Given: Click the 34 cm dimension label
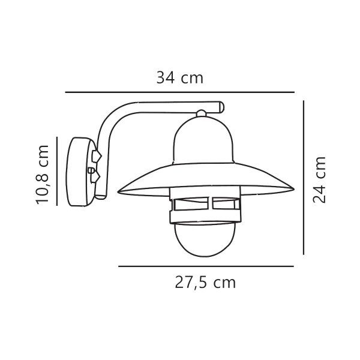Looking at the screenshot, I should coord(179,78).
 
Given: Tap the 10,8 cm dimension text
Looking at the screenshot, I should coord(43,174).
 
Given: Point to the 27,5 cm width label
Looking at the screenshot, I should coord(205,283).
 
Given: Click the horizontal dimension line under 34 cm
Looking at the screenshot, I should coord(179,92).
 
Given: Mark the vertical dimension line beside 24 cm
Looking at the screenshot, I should coord(304,177).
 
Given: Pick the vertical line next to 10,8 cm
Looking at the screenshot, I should coord(56,171).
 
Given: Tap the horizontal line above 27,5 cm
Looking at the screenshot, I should coord(206,266).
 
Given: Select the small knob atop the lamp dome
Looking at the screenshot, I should coord(201,112).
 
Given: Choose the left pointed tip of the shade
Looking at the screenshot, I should coord(119,191).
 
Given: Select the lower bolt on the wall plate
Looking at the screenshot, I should coord(94,178).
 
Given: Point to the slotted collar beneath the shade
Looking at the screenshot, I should coord(204,205).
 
